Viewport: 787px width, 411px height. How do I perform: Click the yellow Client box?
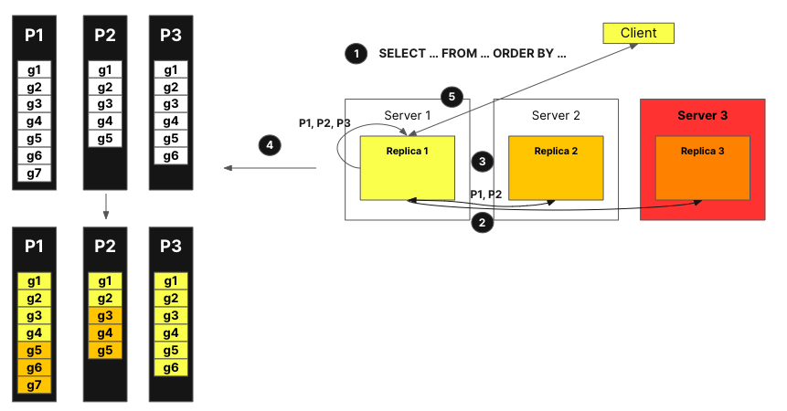coord(638,34)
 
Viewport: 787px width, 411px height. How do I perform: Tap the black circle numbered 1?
coord(354,53)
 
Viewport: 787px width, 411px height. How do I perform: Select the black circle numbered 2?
coord(481,222)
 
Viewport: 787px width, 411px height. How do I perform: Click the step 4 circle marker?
coord(268,144)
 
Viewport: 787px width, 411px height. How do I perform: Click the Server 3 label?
coord(702,115)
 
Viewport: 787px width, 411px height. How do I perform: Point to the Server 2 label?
coord(556,116)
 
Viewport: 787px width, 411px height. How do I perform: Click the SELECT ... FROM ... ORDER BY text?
coord(473,53)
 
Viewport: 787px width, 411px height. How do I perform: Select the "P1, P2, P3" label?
coord(324,123)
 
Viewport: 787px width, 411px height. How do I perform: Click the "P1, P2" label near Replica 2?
coord(485,195)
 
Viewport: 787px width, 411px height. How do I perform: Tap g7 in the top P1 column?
coord(34,174)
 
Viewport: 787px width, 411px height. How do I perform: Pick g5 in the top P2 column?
coord(104,139)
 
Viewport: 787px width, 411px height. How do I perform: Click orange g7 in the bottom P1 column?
coord(34,385)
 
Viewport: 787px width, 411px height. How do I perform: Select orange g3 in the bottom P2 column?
coord(104,316)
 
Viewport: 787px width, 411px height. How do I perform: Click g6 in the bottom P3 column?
coord(171,368)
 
